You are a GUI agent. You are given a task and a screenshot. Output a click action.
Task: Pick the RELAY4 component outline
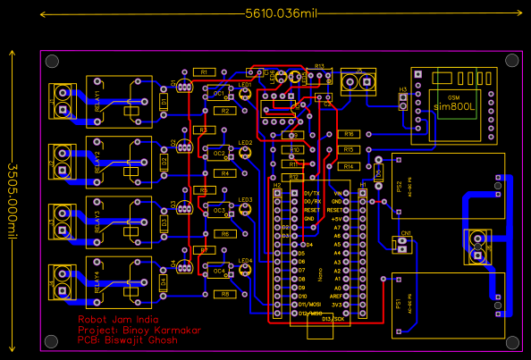pos(124,278)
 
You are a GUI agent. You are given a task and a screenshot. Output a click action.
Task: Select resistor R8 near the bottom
pos(225,294)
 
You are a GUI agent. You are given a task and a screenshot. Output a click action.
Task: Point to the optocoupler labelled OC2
pos(218,153)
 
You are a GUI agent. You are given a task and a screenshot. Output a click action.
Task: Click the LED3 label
pos(245,200)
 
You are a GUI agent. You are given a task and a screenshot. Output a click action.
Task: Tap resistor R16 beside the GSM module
pos(349,134)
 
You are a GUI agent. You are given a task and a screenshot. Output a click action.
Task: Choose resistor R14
pos(349,166)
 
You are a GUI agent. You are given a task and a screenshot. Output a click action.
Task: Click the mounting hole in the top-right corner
pos(512,61)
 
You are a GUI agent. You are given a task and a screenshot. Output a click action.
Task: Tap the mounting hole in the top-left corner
pos(51,61)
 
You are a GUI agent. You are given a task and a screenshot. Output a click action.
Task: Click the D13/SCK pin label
pos(332,318)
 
